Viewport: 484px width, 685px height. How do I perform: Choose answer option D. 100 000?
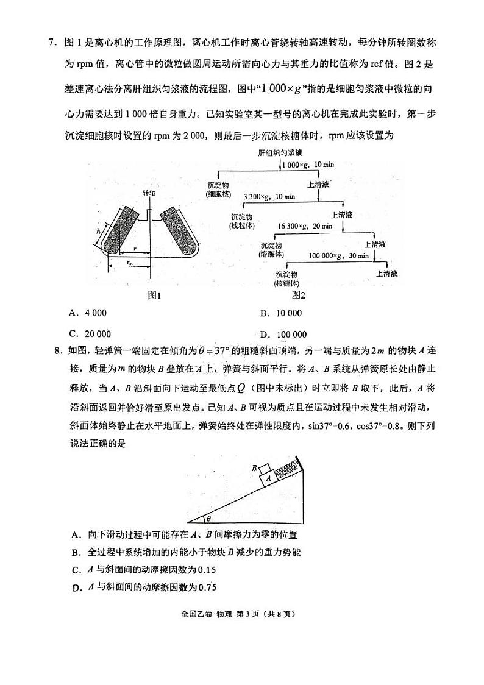click(283, 334)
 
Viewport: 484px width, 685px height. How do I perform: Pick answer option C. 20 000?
click(90, 334)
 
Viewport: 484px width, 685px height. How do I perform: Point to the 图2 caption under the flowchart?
click(297, 296)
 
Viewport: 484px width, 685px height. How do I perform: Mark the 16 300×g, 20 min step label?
click(305, 226)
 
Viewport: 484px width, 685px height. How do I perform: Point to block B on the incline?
click(263, 469)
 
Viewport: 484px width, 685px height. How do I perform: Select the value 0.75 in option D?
click(207, 587)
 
